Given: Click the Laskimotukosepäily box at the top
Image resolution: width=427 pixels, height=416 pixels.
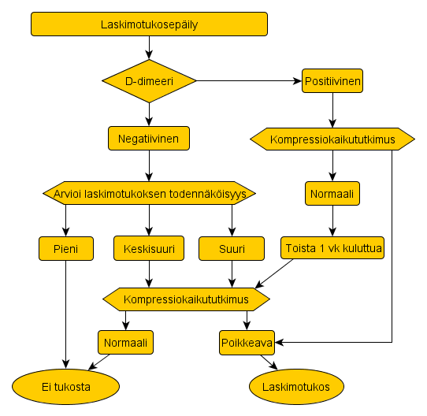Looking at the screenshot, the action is click(149, 24).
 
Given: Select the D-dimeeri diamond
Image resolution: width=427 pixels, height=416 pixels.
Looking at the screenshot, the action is click(149, 81).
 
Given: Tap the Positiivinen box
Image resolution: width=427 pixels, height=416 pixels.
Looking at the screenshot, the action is click(332, 81).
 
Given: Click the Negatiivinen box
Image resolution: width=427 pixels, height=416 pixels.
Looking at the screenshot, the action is click(149, 139).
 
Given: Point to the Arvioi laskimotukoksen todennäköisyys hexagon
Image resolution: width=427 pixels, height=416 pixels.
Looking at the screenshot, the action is click(149, 193).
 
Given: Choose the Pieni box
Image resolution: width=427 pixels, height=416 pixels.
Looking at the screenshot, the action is click(66, 248).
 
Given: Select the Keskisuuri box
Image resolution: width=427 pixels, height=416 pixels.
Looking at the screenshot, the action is click(149, 248).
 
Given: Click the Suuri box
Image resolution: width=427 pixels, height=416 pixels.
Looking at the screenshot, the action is click(232, 248).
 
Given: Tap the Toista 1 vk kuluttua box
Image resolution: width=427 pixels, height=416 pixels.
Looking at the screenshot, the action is click(332, 247).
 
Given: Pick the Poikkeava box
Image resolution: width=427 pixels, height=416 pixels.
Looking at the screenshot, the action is click(247, 343).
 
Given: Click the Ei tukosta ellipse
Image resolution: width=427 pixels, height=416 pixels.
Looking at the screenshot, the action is click(66, 387).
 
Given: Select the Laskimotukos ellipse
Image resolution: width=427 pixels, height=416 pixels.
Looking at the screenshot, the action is click(296, 387).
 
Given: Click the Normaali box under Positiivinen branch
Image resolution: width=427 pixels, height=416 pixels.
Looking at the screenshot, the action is click(332, 194).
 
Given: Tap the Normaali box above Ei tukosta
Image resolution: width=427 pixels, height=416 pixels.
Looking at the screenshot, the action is click(125, 343).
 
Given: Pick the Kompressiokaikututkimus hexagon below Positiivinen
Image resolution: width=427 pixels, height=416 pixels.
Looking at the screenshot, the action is click(332, 139).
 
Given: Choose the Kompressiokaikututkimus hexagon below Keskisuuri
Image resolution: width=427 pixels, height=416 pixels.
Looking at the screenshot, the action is click(186, 299).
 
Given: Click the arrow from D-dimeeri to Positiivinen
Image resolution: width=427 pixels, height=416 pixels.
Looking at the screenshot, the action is click(249, 81).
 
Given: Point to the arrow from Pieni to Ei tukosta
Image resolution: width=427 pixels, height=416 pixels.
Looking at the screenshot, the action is click(65, 314).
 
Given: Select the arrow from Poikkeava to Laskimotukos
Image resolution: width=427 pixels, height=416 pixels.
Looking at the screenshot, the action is click(269, 362).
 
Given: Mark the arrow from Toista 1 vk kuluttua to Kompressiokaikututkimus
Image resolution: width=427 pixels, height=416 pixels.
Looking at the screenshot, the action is click(274, 273).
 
